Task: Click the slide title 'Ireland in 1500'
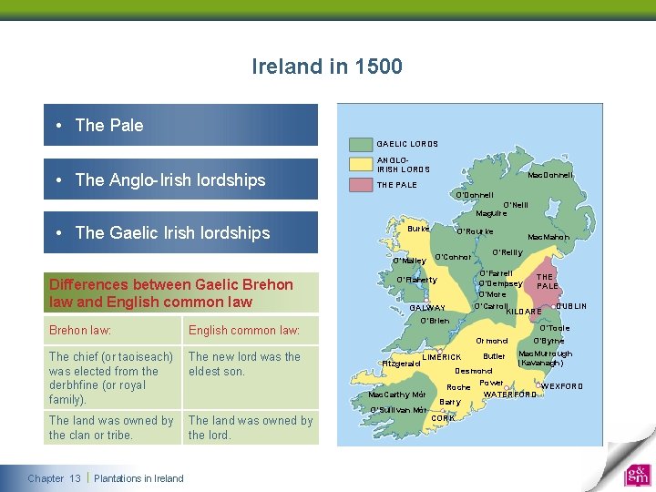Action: tap(327, 67)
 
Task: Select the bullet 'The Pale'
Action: tap(109, 126)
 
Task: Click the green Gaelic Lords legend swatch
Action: tap(362, 144)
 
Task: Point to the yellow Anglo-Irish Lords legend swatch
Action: tap(362, 165)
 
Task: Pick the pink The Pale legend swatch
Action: tap(362, 185)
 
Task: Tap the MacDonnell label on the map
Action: tap(550, 176)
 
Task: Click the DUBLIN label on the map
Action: tap(571, 306)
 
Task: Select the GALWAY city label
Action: tap(426, 308)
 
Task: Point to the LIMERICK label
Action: tap(442, 357)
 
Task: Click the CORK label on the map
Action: tap(443, 418)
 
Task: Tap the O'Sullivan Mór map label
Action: tap(398, 410)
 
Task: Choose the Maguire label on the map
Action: tap(491, 214)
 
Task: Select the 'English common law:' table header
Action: tap(243, 330)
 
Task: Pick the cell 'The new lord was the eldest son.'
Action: tap(244, 364)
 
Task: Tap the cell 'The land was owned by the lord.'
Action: tap(250, 427)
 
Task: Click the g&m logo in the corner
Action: tap(637, 476)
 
